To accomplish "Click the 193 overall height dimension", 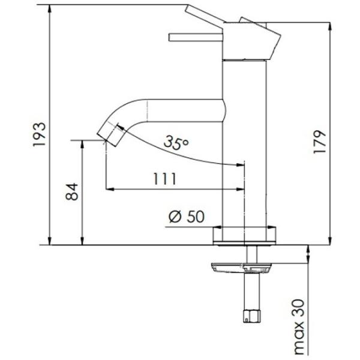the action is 39,134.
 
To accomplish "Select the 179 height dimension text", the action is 320,142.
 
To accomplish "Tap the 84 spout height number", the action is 72,192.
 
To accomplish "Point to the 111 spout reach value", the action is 164,179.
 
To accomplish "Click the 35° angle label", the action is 176,143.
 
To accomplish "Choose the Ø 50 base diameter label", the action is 187,216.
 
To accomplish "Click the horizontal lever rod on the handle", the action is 196,37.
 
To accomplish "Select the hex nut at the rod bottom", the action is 251,316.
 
